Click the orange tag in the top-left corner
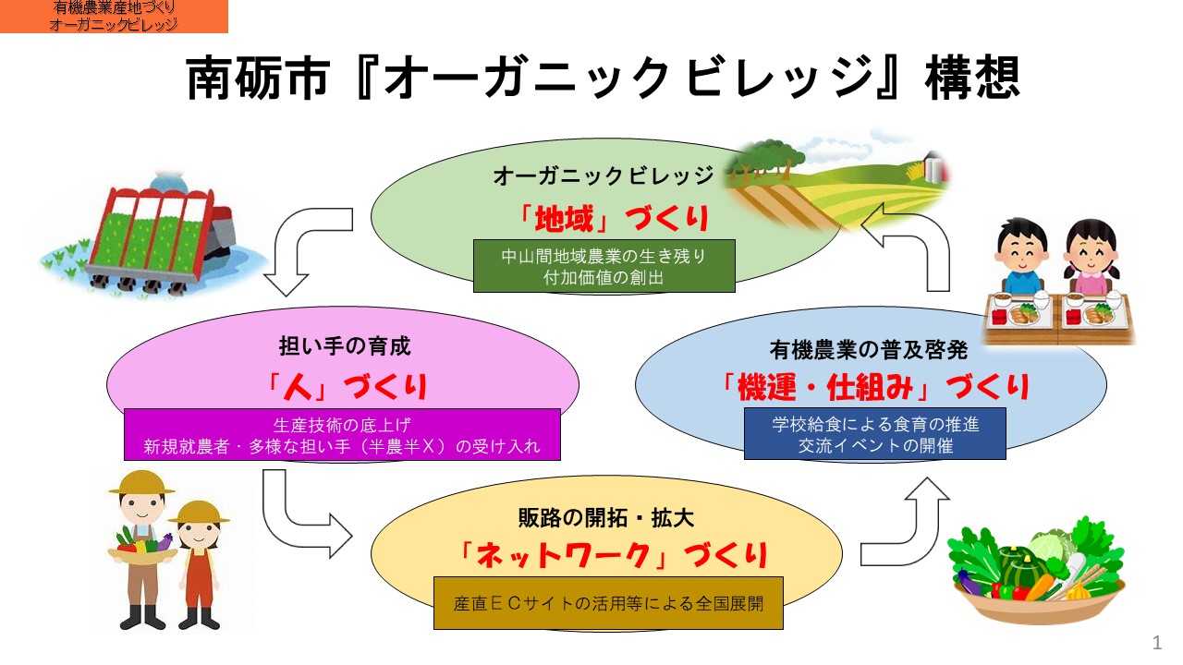(x=114, y=17)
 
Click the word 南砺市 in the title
(x=258, y=79)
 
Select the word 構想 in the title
(x=972, y=79)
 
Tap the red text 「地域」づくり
(x=613, y=219)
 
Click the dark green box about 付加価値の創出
(x=604, y=266)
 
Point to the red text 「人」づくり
(x=347, y=387)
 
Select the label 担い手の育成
(x=345, y=346)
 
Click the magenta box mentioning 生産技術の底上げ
(x=342, y=434)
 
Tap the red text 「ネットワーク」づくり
(x=613, y=556)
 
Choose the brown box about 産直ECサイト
(x=608, y=603)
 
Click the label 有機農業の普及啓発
(x=869, y=350)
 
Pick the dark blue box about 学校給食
(x=875, y=434)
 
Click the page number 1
(x=1157, y=643)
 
